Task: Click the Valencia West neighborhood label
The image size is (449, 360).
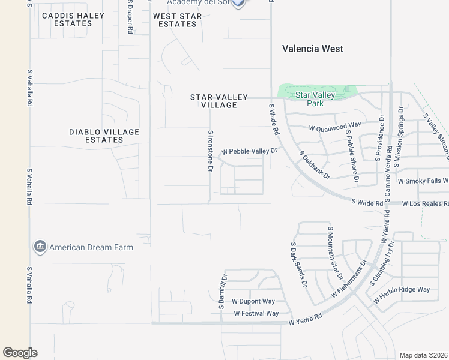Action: click(313, 49)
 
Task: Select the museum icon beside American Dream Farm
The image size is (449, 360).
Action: click(40, 247)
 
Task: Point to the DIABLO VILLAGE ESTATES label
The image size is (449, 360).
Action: click(96, 136)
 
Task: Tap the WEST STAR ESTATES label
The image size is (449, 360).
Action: click(178, 20)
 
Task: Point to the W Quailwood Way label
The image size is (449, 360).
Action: click(335, 127)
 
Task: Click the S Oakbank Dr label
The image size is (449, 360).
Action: click(315, 165)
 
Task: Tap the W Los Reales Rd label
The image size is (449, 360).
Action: click(425, 204)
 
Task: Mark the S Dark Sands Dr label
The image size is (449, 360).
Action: click(298, 265)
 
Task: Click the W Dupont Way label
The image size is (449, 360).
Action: click(253, 301)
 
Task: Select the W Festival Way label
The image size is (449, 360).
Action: click(256, 313)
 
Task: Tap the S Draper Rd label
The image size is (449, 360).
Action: click(130, 17)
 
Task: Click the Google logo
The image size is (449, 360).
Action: click(20, 353)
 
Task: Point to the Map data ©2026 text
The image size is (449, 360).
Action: click(424, 355)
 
